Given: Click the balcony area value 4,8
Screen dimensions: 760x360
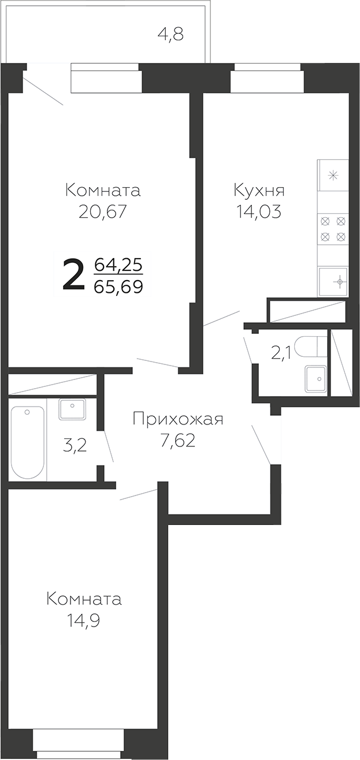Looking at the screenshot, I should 170,35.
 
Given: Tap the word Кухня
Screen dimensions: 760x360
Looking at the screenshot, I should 258,190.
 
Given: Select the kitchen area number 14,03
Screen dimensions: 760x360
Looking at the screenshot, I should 258,212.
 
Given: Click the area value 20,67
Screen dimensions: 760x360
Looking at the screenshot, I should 102,212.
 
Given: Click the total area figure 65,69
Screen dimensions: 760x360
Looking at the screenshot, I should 118,286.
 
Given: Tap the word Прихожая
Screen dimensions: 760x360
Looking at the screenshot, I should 177,419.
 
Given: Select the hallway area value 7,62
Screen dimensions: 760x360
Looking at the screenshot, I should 177,441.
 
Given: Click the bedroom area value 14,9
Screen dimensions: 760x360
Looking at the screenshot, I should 84,621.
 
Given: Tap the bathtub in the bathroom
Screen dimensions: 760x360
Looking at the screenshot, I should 27,442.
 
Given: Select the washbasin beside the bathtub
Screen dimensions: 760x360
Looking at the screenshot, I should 72,409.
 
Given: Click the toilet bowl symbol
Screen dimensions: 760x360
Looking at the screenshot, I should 310,347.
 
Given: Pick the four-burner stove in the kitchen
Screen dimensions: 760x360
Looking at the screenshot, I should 333,228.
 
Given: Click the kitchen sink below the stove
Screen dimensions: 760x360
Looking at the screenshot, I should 333,281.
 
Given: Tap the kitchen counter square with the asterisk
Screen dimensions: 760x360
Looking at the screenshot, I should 333,176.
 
